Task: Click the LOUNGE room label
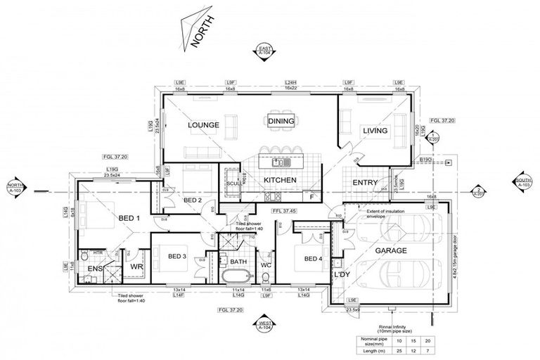coord(204,125)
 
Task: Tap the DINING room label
coord(281,121)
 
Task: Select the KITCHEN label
coord(281,181)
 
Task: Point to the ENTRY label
coord(366,184)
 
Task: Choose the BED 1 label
coord(129,219)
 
